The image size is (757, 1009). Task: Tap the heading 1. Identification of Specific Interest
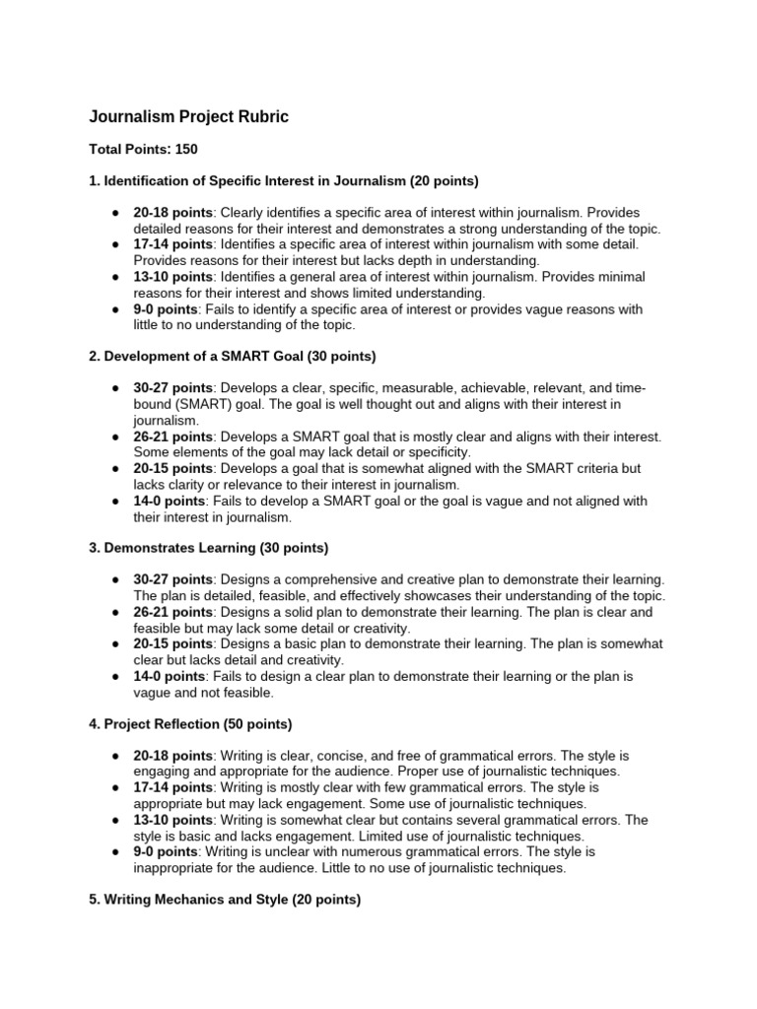[269, 181]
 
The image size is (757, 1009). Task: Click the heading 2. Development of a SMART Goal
[233, 355]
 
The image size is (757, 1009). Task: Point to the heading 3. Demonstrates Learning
[209, 547]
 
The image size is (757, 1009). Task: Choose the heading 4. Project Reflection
[190, 724]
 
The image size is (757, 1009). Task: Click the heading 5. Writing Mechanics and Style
[225, 900]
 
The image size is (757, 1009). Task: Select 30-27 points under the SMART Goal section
[172, 388]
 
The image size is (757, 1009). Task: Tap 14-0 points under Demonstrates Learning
[170, 676]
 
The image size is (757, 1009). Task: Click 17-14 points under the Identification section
[172, 243]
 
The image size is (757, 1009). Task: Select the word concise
[314, 756]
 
